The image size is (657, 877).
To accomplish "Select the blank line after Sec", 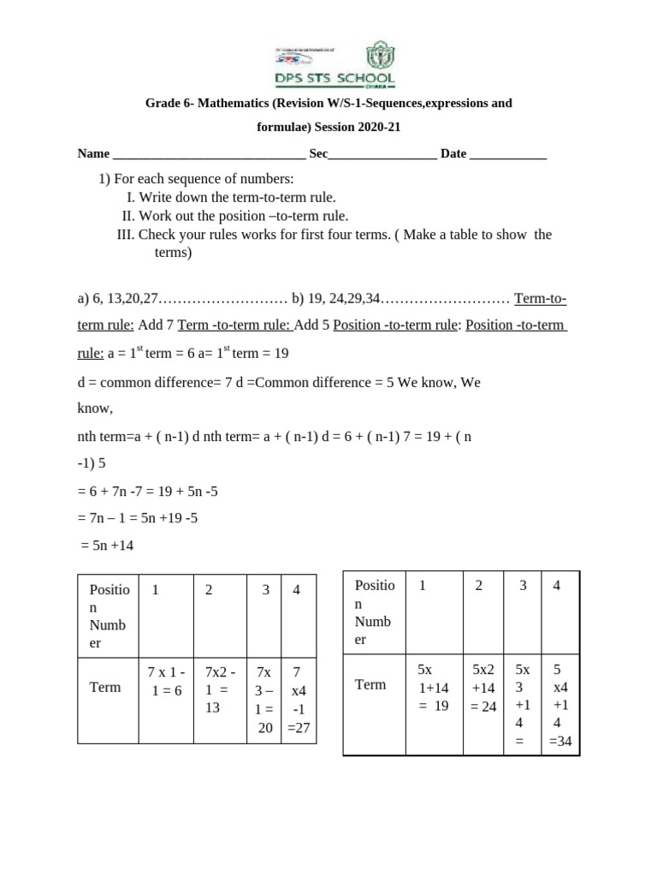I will tap(382, 155).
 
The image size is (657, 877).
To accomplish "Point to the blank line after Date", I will tap(508, 155).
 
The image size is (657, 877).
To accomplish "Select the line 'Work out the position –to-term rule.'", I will tap(243, 216).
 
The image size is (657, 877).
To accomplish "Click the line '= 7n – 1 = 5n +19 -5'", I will tap(138, 517).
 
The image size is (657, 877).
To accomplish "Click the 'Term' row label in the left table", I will tap(105, 687).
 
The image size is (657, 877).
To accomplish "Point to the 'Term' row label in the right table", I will tap(371, 684).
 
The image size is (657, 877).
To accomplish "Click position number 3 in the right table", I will tap(523, 586).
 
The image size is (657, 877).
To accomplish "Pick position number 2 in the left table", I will tap(209, 589).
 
